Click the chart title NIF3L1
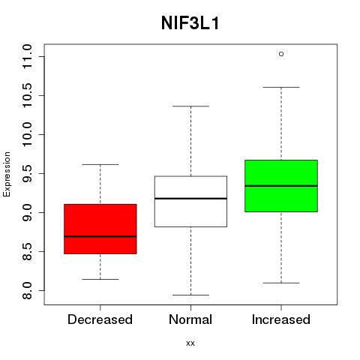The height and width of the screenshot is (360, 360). coord(190,23)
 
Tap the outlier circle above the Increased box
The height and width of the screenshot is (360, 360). coord(281,54)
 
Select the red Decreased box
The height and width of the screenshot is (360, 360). coord(100,229)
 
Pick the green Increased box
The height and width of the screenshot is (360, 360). coord(281,186)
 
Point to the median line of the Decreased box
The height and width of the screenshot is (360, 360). coord(100,236)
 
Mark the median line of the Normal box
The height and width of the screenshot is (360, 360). coord(190,199)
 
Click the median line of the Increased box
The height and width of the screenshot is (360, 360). coord(281,186)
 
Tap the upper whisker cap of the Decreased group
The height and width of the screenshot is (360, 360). coord(100,164)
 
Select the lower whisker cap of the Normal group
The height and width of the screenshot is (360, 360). coord(190,295)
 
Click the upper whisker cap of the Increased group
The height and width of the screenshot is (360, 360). coord(281,87)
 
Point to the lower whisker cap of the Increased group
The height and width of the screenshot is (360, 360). coord(281,283)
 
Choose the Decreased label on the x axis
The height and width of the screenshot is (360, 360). coord(100,319)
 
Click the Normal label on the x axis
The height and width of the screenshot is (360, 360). coord(190,319)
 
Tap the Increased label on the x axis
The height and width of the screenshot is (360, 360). coord(281,319)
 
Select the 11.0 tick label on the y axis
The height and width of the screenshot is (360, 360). coord(27,56)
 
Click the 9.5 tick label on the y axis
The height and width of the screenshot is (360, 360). coord(27,173)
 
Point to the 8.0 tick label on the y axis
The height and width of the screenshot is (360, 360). coord(27,290)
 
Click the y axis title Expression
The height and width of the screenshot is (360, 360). coord(7,174)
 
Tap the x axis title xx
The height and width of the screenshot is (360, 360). coord(190,343)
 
